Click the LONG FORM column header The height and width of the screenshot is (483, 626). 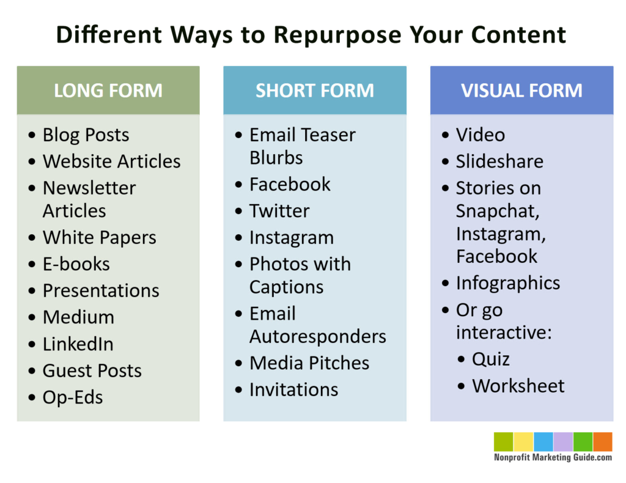(x=108, y=90)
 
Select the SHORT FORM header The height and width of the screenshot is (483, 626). (x=314, y=90)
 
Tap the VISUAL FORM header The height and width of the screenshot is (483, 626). (x=521, y=90)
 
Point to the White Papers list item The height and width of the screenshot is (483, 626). (x=99, y=237)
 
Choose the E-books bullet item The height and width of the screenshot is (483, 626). (x=76, y=264)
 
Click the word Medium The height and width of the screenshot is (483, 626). (x=78, y=317)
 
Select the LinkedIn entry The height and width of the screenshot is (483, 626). (x=78, y=344)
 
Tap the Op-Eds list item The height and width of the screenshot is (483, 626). (x=72, y=397)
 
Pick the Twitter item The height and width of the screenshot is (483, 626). (x=279, y=211)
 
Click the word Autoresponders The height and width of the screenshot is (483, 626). (x=317, y=336)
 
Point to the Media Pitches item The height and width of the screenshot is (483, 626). (x=309, y=363)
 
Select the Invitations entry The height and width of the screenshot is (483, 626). (x=293, y=389)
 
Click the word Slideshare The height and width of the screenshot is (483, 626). (x=499, y=161)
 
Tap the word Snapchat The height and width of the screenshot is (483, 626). (x=497, y=211)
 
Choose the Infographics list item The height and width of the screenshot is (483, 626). (x=507, y=283)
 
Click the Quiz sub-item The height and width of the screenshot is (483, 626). (x=490, y=359)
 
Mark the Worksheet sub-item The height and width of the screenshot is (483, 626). (x=518, y=386)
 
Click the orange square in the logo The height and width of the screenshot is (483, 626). (x=602, y=442)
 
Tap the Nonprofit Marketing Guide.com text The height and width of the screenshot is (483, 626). (x=553, y=457)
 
